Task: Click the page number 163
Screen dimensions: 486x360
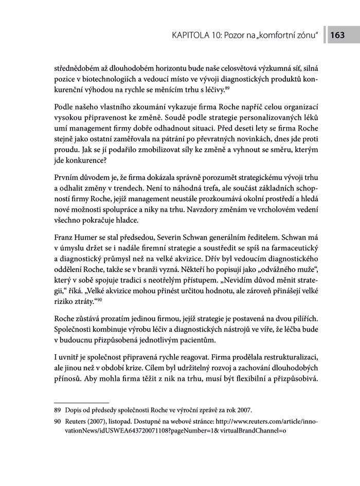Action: [338, 35]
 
